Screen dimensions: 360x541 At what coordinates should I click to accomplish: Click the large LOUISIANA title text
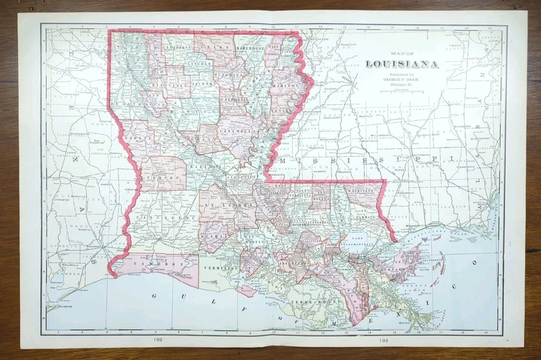[402, 64]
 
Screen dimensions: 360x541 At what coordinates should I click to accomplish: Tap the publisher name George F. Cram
[402, 80]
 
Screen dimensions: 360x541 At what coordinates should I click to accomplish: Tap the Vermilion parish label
[221, 268]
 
